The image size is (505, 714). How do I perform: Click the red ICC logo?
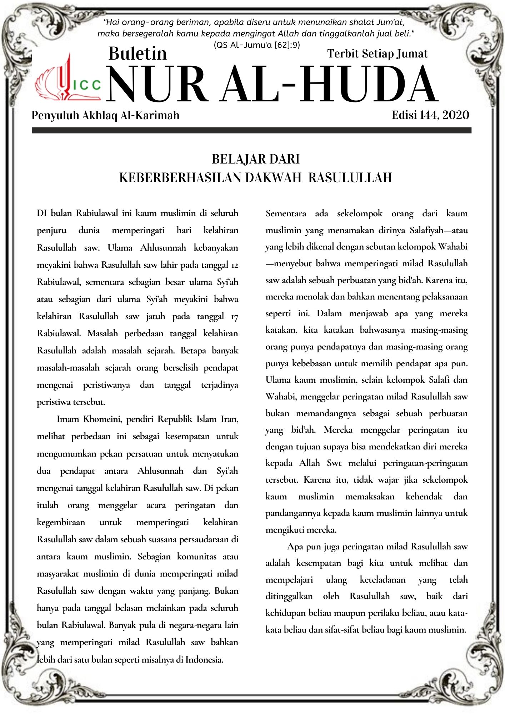[68, 80]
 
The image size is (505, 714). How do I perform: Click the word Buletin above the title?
[137, 54]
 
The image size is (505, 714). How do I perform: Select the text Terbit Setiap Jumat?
[377, 54]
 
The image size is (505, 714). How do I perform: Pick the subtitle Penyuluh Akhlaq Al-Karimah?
[105, 115]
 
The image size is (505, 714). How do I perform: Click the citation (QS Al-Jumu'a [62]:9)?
[257, 45]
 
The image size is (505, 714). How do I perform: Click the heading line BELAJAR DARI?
[255, 159]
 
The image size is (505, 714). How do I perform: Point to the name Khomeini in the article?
[102, 419]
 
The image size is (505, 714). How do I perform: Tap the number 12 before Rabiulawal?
[234, 265]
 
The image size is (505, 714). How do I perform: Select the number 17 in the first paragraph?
[234, 317]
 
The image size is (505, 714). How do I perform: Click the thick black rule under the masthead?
[251, 131]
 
